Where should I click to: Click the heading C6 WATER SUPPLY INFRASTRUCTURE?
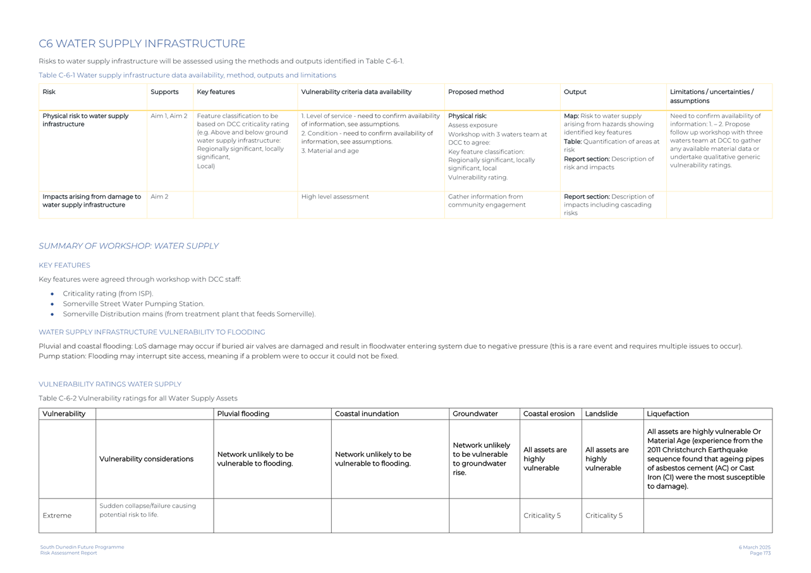pyautogui.click(x=142, y=44)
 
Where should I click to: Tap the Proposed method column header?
pyautogui.click(x=475, y=92)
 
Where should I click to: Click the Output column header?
pyautogui.click(x=575, y=92)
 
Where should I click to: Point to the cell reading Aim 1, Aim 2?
pyautogui.click(x=169, y=116)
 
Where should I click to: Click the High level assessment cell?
pyautogui.click(x=334, y=197)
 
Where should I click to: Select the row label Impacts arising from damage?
pyautogui.click(x=91, y=201)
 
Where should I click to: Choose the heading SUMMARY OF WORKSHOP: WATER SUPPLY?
pyautogui.click(x=128, y=246)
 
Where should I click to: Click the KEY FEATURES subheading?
pyautogui.click(x=64, y=265)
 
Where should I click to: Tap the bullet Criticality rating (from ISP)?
pyautogui.click(x=107, y=294)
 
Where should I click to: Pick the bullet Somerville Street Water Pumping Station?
pyautogui.click(x=133, y=304)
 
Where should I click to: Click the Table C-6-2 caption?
pyautogui.click(x=138, y=399)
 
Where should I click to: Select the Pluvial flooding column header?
pyautogui.click(x=243, y=414)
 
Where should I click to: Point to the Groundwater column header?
pyautogui.click(x=475, y=414)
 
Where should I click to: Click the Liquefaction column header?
pyautogui.click(x=668, y=414)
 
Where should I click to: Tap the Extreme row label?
pyautogui.click(x=57, y=516)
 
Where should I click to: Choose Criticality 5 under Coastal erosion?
pyautogui.click(x=542, y=516)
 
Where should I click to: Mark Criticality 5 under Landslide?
pyautogui.click(x=604, y=516)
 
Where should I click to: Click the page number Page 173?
pyautogui.click(x=760, y=553)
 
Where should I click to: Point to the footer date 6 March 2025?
pyautogui.click(x=754, y=547)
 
